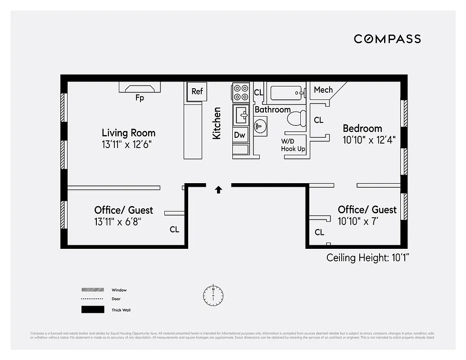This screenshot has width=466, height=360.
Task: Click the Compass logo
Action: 387,39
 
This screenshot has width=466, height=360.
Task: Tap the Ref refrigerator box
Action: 197,91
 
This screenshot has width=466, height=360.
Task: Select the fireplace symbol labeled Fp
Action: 140,88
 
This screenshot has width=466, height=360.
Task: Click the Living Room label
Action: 128,133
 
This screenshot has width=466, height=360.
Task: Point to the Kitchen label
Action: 217,123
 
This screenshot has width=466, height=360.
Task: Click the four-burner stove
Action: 241,92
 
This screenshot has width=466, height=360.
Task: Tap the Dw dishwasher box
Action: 240,135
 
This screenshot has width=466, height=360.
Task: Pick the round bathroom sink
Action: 260,125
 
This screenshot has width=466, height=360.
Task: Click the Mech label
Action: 323,90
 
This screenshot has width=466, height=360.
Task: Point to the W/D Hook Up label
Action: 293,145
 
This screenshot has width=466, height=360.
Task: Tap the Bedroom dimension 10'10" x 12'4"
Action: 369,140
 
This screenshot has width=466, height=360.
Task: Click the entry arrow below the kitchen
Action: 218,190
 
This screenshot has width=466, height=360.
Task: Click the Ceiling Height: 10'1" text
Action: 367,258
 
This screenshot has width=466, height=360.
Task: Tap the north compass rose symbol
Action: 213,295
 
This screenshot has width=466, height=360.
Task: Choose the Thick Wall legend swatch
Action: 92,310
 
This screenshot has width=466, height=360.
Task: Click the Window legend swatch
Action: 92,290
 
